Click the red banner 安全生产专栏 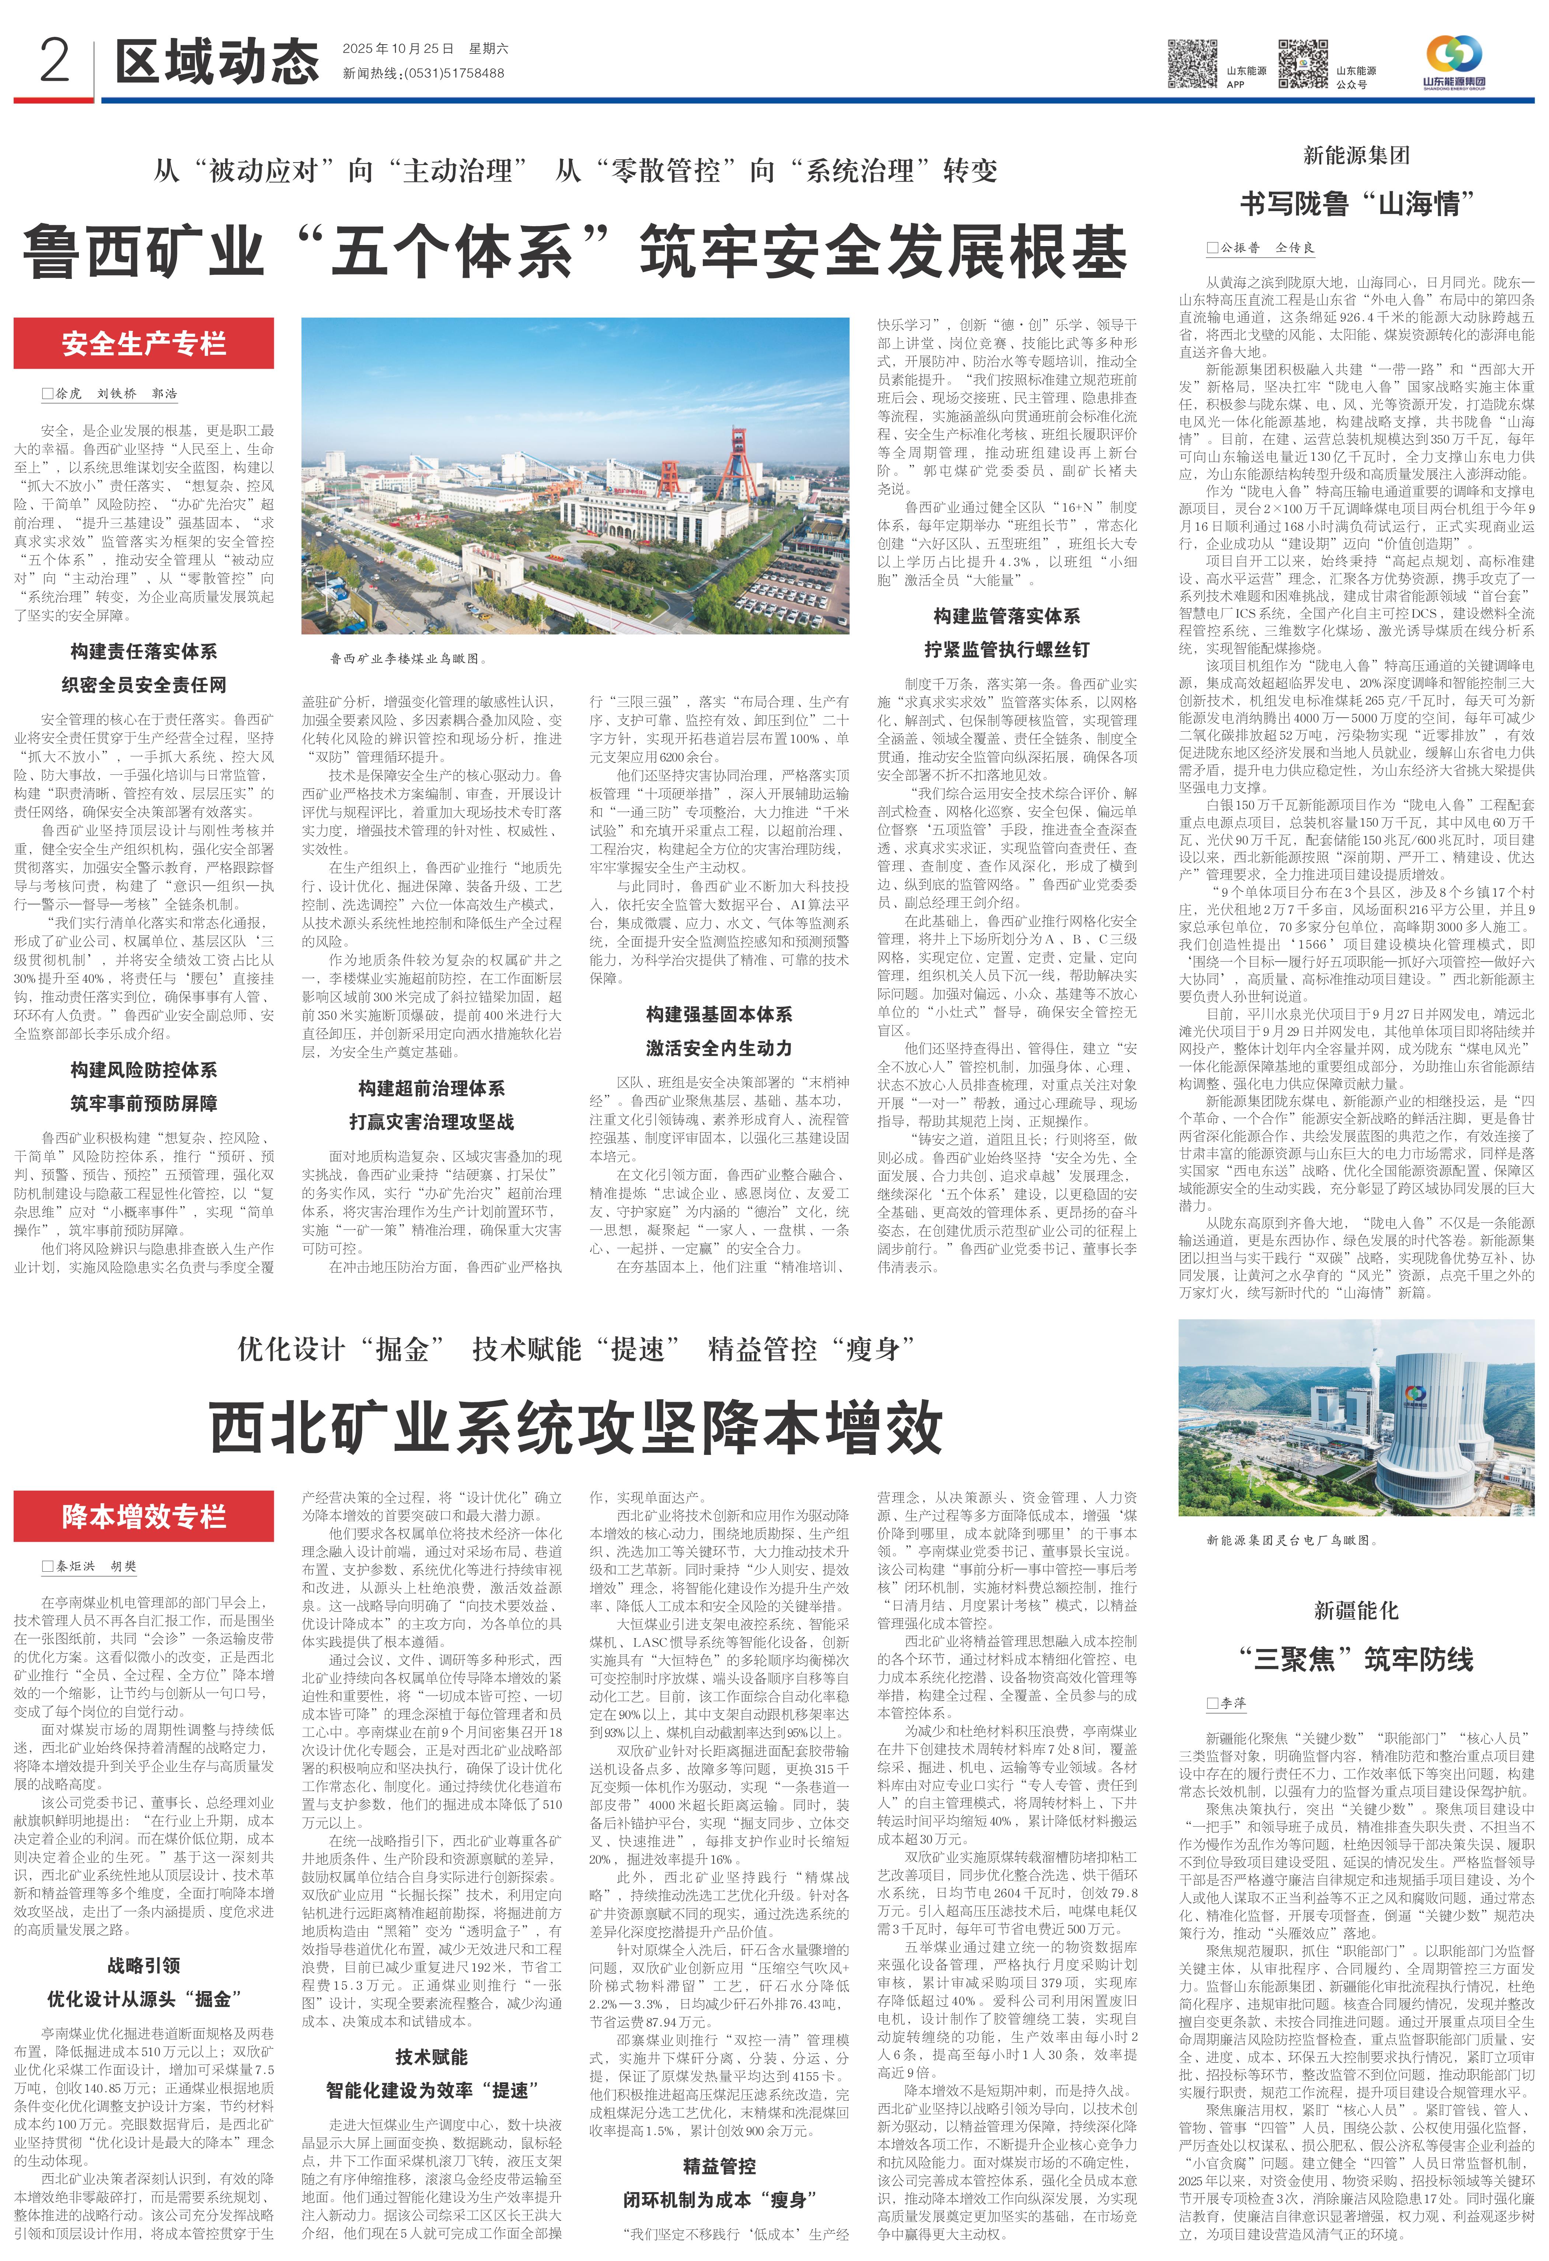[x=144, y=343]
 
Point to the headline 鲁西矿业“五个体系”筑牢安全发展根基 [x=574, y=251]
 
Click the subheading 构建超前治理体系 [x=431, y=1088]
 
